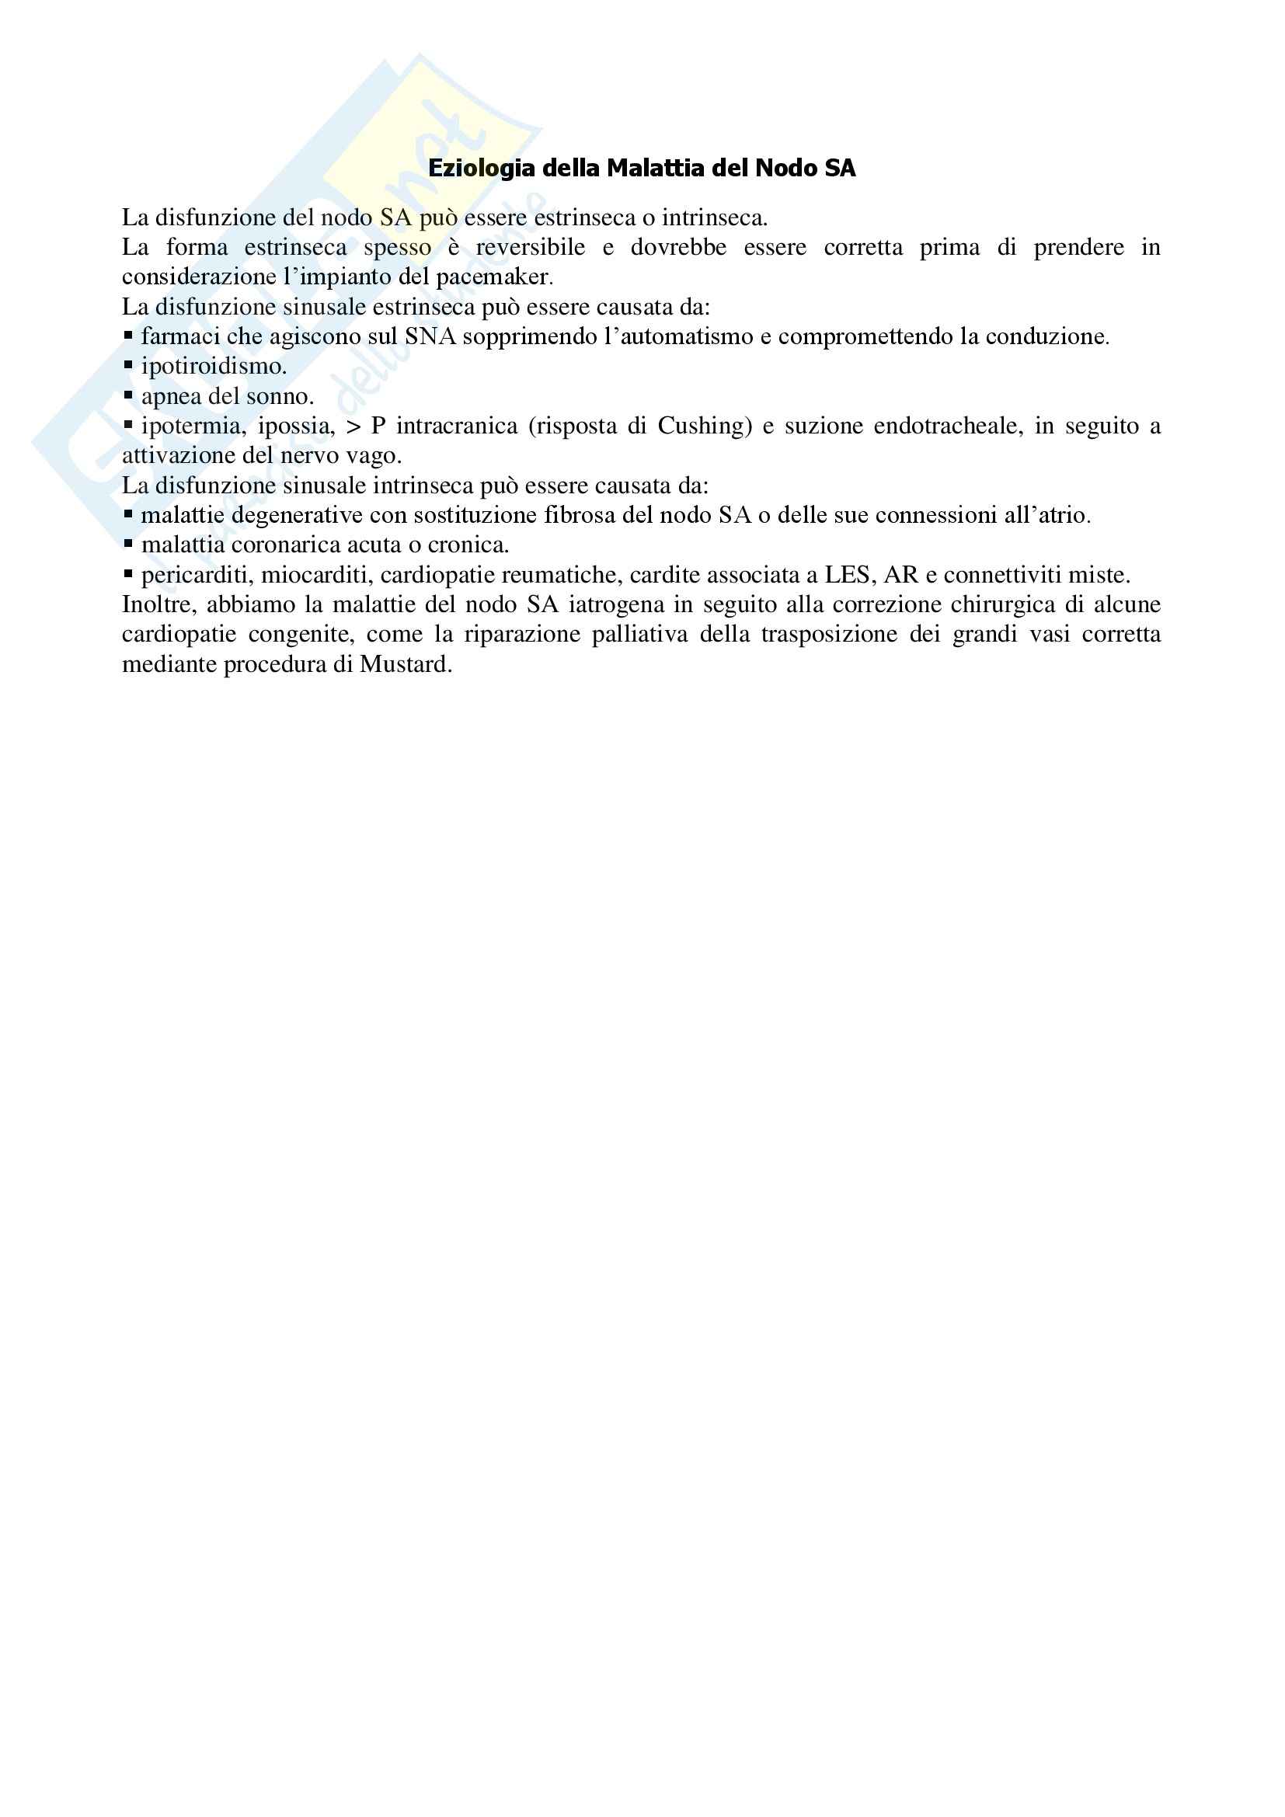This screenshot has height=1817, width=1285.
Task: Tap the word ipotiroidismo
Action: click(x=214, y=367)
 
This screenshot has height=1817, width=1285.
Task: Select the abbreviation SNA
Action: click(x=430, y=337)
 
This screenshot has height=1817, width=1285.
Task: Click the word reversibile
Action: click(x=530, y=248)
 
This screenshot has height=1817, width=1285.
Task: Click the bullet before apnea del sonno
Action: click(x=128, y=394)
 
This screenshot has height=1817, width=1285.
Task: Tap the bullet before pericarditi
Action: click(x=128, y=573)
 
